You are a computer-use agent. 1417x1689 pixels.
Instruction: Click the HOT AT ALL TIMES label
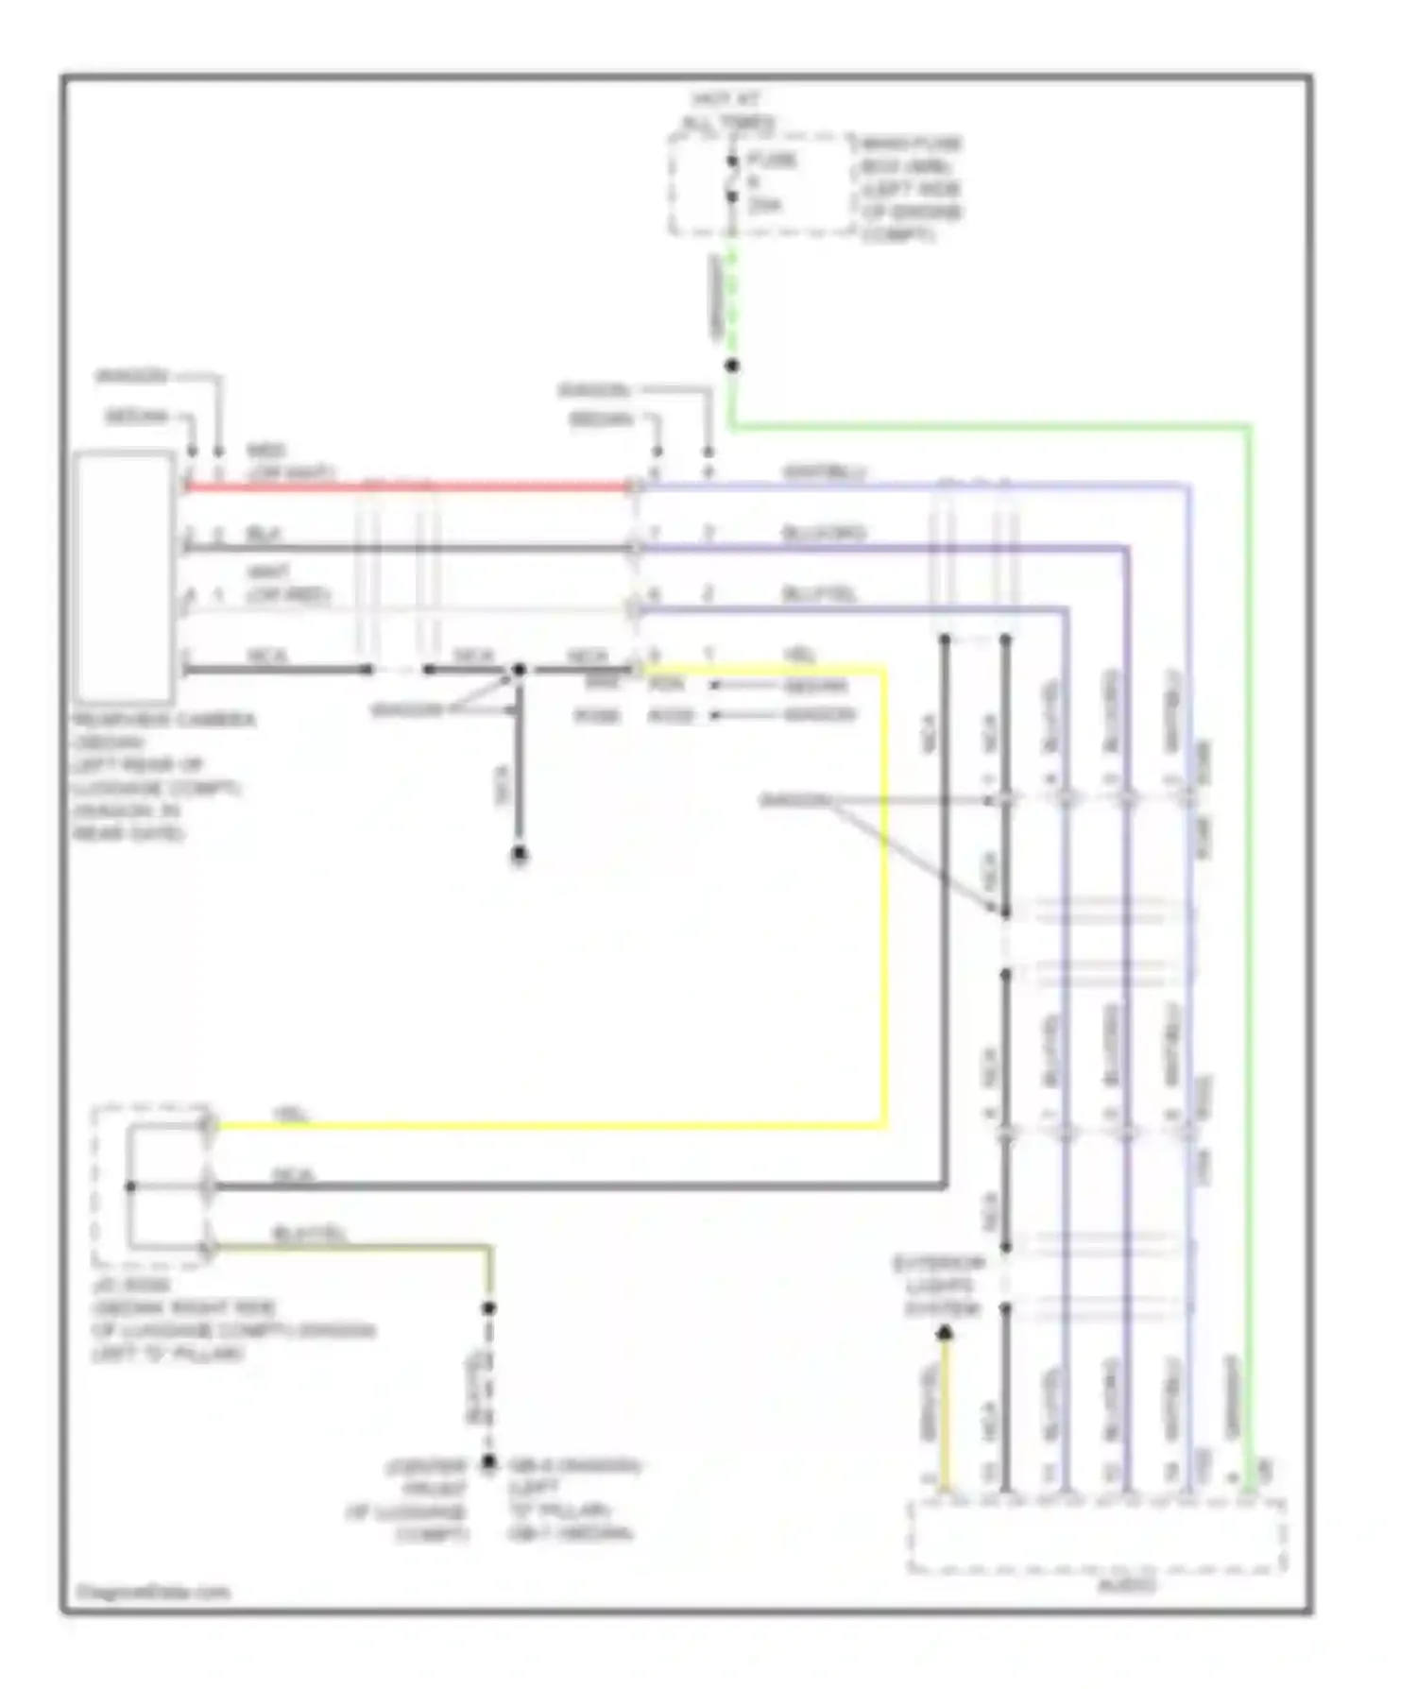point(726,111)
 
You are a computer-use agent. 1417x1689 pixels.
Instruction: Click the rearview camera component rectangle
point(124,577)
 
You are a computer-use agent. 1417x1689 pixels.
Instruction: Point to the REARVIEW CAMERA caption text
point(163,720)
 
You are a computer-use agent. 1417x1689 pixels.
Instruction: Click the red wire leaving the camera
point(406,487)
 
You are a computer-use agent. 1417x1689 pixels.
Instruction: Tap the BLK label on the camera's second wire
point(264,534)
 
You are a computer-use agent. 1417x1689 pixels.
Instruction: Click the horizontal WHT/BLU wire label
point(824,471)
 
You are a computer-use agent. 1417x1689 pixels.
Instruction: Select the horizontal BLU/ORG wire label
point(823,533)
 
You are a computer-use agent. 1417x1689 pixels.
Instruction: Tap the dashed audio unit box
point(1096,1535)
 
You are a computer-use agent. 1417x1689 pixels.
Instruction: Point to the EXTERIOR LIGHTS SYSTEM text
point(939,1286)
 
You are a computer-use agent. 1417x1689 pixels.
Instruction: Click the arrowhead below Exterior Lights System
point(944,1333)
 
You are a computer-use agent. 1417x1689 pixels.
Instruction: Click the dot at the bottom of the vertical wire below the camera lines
point(519,855)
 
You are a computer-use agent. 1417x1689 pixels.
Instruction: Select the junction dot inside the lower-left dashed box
point(130,1186)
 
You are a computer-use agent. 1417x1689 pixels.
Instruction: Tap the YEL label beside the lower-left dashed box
point(292,1115)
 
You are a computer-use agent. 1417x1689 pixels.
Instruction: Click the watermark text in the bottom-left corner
point(152,1593)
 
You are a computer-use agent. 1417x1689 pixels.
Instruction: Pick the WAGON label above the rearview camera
point(131,376)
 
